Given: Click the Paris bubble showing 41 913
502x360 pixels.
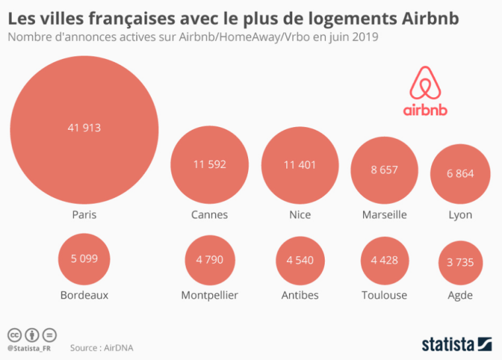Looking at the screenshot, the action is [x=84, y=130].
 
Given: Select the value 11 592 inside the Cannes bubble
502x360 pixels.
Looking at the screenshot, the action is [x=210, y=165].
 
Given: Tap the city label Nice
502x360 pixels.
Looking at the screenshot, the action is [x=300, y=214].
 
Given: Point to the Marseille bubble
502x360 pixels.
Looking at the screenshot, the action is [x=384, y=170].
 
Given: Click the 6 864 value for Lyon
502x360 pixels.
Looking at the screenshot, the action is [x=460, y=173].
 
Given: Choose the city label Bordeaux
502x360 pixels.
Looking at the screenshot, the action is [x=84, y=295].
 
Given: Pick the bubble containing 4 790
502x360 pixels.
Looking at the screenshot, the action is [x=210, y=260].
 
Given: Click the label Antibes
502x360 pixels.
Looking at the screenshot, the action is [x=300, y=295].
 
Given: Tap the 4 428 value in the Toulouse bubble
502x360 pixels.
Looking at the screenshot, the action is [x=384, y=260].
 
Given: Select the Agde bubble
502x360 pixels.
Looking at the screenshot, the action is [x=460, y=263].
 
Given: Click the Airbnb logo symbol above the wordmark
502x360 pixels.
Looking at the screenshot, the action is [x=425, y=83].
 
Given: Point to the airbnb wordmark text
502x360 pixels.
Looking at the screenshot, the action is [x=425, y=110].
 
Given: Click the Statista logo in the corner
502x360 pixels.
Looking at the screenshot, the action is [x=456, y=345].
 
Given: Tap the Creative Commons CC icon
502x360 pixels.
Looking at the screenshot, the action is [x=15, y=336].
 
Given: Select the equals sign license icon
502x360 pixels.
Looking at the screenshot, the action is [x=50, y=336].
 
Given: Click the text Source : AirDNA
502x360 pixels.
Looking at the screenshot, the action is [x=101, y=348].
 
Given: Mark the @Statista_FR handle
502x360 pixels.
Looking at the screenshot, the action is [x=29, y=348].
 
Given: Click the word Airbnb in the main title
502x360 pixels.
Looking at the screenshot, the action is [x=430, y=19].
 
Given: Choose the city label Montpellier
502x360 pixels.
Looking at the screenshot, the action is [x=210, y=295].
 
